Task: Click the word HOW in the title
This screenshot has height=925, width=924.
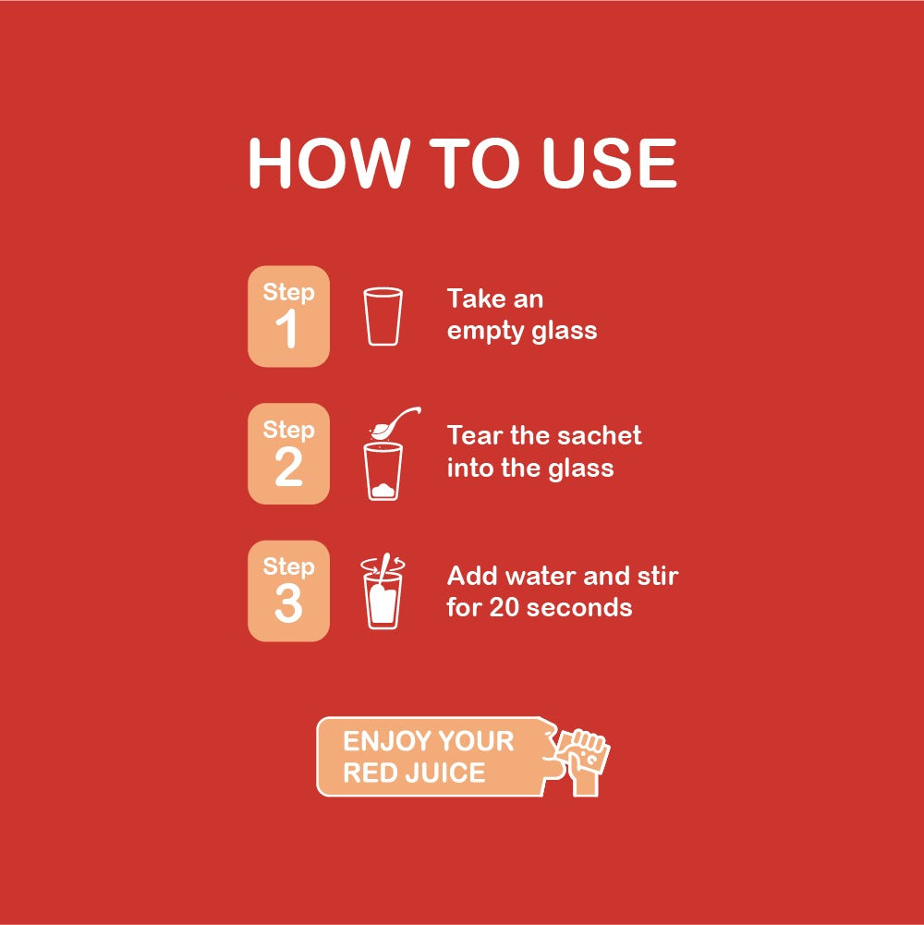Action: (327, 164)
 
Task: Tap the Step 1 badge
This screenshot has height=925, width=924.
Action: (288, 316)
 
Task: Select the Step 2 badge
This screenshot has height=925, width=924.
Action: (288, 454)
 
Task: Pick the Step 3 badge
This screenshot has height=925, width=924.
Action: (288, 591)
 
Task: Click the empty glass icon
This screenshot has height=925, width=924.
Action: (383, 316)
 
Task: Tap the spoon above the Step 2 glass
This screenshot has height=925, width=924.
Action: (394, 424)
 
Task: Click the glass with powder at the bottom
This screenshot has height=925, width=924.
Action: (383, 471)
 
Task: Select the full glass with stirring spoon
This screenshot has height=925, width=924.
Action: (383, 596)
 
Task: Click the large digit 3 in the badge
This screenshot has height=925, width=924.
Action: (288, 605)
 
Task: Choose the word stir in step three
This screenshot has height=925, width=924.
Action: (659, 576)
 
